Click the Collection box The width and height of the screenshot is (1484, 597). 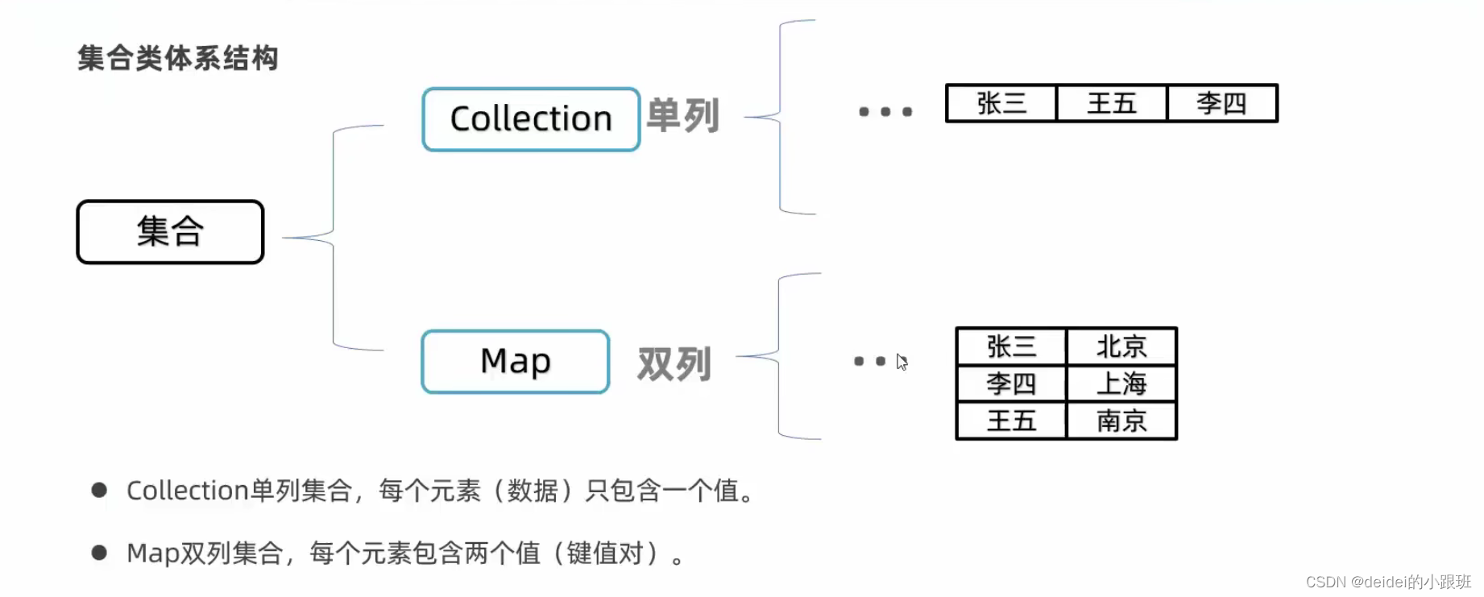(531, 119)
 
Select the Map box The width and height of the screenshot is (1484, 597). (515, 362)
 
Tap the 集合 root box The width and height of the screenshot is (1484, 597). (170, 232)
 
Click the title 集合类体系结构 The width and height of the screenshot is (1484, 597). (178, 59)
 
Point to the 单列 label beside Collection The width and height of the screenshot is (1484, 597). (682, 116)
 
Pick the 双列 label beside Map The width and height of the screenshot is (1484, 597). (674, 364)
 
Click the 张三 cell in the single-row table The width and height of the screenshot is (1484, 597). (1001, 104)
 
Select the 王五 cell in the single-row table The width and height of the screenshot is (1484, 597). (1112, 104)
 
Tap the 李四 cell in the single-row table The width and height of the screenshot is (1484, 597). (1221, 104)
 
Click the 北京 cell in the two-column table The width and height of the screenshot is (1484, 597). (1121, 347)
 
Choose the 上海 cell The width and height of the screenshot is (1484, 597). (1121, 384)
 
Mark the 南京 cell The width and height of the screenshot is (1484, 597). (1121, 421)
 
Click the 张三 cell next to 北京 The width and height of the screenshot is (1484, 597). (1011, 347)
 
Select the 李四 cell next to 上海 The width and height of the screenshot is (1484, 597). (1011, 384)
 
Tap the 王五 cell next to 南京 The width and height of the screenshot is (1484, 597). (1011, 421)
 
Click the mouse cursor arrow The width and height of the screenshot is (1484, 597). (902, 363)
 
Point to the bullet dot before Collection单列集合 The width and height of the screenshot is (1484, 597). (100, 490)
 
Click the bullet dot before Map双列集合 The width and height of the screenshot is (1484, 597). (100, 553)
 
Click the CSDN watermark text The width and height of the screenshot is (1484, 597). (1388, 582)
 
